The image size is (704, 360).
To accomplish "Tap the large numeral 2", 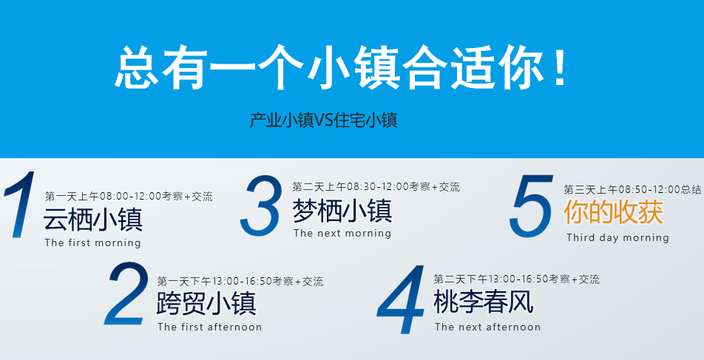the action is [x=126, y=293].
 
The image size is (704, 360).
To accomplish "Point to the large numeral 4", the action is [x=401, y=299].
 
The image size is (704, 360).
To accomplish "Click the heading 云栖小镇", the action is [x=93, y=219].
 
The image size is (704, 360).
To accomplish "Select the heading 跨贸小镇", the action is [x=206, y=303].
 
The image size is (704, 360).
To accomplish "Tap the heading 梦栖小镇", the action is [x=342, y=210].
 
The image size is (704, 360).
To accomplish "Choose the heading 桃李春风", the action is [x=484, y=302].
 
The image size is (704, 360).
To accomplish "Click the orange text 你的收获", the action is [x=613, y=212].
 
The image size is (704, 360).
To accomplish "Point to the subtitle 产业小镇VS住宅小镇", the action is [x=324, y=120].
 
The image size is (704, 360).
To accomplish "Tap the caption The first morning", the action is [x=93, y=243].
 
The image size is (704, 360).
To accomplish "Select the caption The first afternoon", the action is [x=210, y=327].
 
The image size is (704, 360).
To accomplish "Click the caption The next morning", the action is [x=342, y=233].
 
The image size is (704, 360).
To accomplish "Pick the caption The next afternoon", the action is [x=487, y=327].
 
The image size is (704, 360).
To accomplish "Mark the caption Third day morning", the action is [x=617, y=237].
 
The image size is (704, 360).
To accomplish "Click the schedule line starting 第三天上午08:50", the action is [x=632, y=189].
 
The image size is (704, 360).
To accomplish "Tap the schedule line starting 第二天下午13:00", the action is [x=517, y=279].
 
